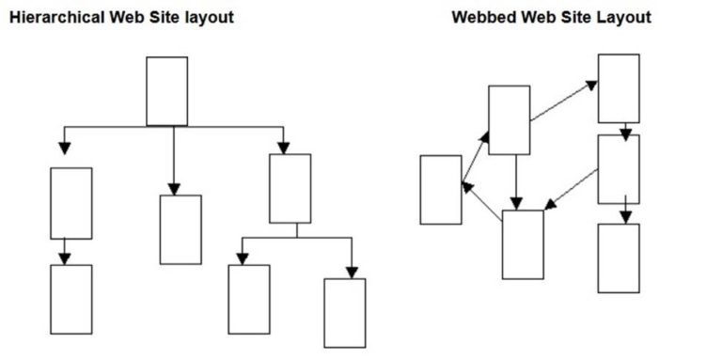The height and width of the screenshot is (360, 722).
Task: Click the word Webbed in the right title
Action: [x=483, y=17]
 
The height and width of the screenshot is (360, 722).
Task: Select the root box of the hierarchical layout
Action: [x=166, y=90]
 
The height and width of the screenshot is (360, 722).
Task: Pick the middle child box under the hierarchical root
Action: [x=180, y=229]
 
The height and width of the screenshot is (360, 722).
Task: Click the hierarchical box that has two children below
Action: [x=290, y=188]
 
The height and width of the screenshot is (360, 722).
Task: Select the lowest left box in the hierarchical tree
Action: [x=71, y=299]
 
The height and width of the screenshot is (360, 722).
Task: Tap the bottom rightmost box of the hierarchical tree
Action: [x=344, y=313]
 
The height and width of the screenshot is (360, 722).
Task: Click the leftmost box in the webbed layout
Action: [x=440, y=190]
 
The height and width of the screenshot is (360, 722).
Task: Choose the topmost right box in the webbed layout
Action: [x=619, y=88]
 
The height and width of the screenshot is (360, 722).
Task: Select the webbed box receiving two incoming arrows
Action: [x=523, y=244]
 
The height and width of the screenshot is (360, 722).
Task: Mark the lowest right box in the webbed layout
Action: [x=619, y=258]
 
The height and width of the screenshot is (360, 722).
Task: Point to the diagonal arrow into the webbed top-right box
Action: [x=564, y=101]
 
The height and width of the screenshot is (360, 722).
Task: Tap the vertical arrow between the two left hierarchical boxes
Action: [x=64, y=251]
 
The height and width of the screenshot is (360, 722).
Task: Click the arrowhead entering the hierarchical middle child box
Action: [x=174, y=188]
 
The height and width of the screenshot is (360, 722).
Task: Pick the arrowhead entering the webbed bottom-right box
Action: [x=625, y=217]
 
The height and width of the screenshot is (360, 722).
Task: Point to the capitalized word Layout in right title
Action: [x=626, y=17]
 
